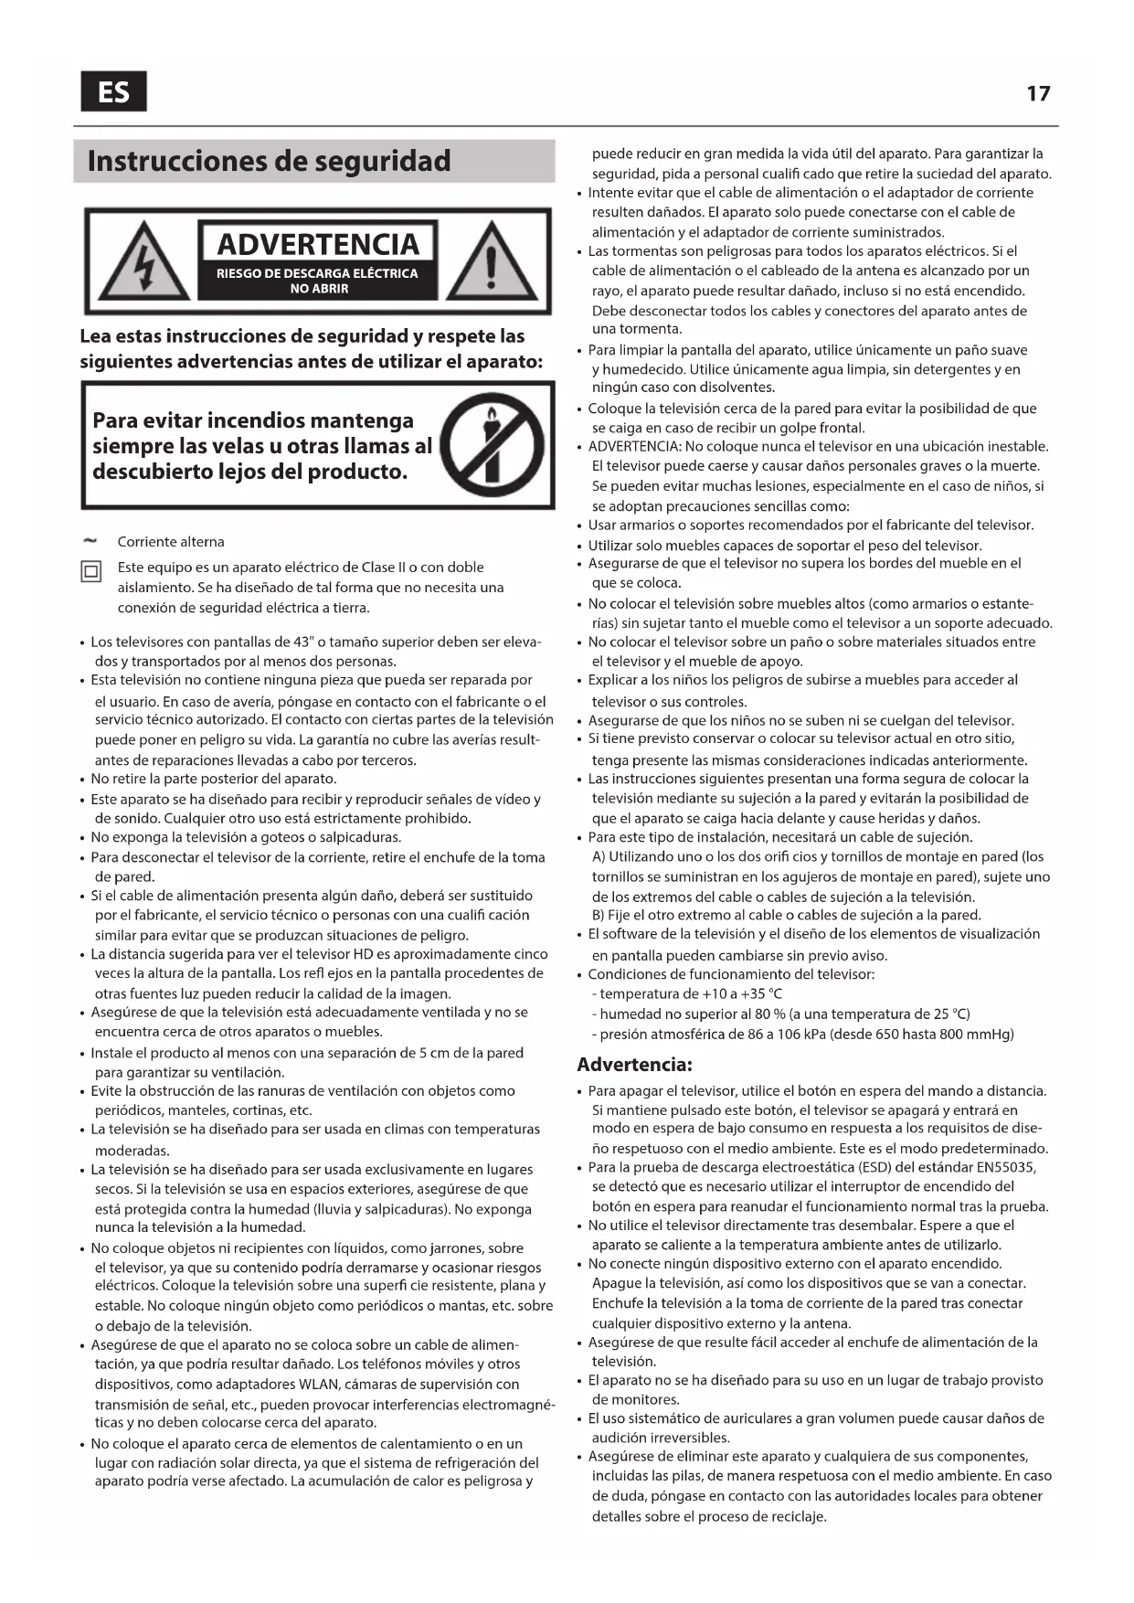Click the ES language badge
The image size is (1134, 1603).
[x=113, y=91]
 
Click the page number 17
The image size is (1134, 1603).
[x=1038, y=93]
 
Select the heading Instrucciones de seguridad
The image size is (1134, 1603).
[x=269, y=162]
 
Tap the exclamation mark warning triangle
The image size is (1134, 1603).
[x=491, y=261]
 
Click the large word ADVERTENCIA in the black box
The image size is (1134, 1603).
[x=318, y=245]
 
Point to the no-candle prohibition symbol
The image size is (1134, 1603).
[x=493, y=445]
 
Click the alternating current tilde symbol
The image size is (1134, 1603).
[x=90, y=541]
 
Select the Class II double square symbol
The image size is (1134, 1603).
[x=91, y=573]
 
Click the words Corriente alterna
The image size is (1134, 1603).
[x=171, y=542]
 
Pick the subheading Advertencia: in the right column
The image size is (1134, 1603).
[x=634, y=1065]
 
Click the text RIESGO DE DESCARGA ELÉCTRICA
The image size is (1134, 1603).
[x=317, y=273]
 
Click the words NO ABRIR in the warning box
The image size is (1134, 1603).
[x=319, y=289]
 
